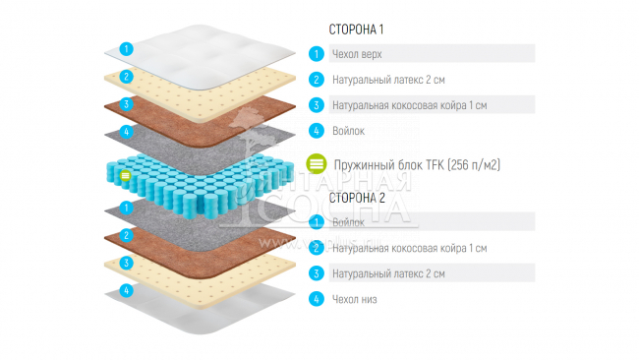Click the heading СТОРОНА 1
coord(357,30)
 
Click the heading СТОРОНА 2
coord(357,198)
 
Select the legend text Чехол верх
coord(359,54)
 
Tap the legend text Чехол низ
coord(355,299)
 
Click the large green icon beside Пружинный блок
coord(317,164)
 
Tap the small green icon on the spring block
coord(126,176)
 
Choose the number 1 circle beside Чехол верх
coord(317,54)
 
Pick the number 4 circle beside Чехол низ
coord(317,299)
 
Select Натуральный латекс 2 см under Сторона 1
coord(390,80)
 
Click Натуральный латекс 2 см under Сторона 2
coord(390,273)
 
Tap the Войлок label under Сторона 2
coord(349,223)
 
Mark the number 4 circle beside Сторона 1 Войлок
coord(317,130)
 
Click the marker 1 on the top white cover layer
coord(126,47)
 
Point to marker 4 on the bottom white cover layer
coord(126,291)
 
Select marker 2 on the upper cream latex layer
coord(126,76)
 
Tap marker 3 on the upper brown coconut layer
coord(126,103)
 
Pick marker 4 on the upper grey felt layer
coord(126,131)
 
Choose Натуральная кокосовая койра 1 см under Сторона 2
coord(410,249)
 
